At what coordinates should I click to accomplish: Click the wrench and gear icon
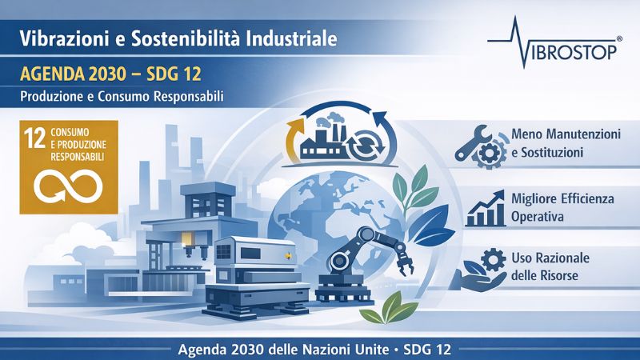477,146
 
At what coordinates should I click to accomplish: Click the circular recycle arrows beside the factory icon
368,144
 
